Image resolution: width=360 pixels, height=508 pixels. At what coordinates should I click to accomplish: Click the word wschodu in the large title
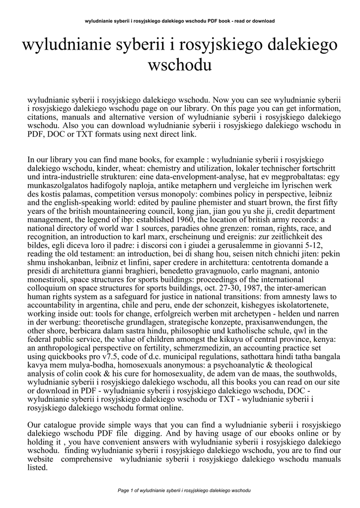click(x=180, y=64)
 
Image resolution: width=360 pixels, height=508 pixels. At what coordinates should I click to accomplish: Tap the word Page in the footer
click(x=122, y=490)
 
